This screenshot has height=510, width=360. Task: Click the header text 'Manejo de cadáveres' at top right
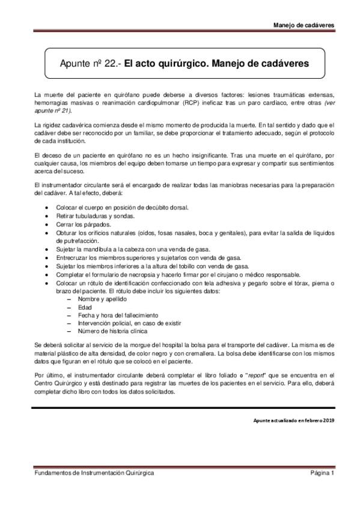click(304, 25)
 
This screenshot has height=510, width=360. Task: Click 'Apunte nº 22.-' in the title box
click(91, 63)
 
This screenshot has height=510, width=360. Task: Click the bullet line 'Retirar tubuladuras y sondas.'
click(95, 215)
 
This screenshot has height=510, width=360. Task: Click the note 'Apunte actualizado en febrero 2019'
click(293, 420)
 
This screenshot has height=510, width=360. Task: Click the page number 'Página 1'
click(322, 473)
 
